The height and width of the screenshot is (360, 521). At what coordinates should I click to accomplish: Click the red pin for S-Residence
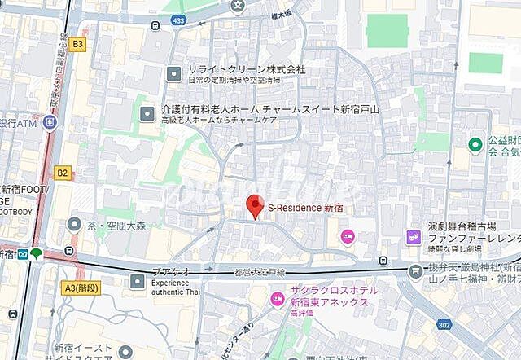(255, 206)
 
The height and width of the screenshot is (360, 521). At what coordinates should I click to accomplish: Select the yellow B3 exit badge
(77, 44)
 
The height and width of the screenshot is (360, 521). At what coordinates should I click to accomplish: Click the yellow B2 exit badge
(63, 173)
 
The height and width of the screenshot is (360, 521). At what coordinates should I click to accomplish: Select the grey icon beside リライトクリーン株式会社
(173, 74)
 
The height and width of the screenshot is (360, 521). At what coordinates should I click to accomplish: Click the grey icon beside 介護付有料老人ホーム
(147, 114)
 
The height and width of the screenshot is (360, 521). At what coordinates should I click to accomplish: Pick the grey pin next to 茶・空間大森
(75, 224)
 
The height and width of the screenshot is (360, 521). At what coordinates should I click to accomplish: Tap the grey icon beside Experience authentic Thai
(136, 282)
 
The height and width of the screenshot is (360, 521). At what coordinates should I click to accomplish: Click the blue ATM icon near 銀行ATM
(50, 123)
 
